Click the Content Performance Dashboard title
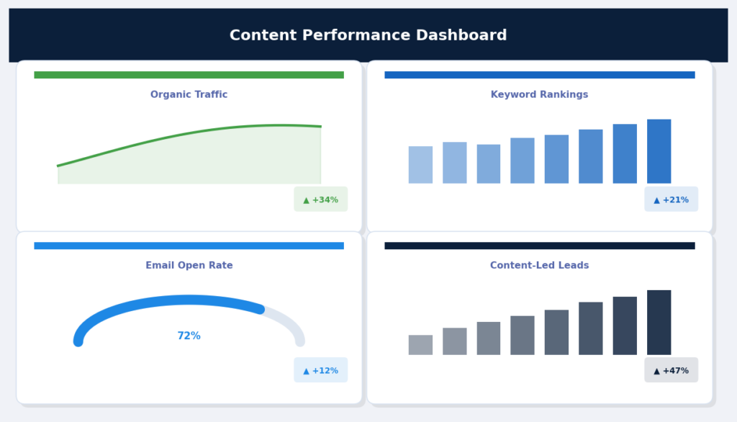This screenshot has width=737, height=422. [368, 35]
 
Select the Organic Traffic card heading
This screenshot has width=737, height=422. [189, 94]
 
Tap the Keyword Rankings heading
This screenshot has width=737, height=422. [539, 94]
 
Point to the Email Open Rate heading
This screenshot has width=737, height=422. [189, 265]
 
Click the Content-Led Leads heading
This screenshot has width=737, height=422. [539, 265]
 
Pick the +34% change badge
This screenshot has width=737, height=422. [320, 199]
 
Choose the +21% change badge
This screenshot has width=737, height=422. [671, 199]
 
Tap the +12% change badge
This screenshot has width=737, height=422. [320, 370]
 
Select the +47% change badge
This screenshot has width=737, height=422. [671, 370]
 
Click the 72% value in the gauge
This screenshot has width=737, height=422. [189, 336]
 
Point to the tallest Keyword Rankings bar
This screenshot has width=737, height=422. [659, 151]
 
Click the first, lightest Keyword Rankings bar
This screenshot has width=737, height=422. [420, 165]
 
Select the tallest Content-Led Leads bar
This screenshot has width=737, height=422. [659, 323]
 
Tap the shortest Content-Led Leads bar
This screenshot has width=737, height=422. [420, 345]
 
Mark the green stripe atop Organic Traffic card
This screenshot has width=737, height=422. [189, 75]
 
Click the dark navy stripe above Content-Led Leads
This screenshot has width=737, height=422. [539, 246]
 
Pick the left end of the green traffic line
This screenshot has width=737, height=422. [60, 166]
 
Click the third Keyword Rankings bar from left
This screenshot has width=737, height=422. [489, 164]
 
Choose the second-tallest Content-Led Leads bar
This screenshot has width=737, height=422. [625, 326]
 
